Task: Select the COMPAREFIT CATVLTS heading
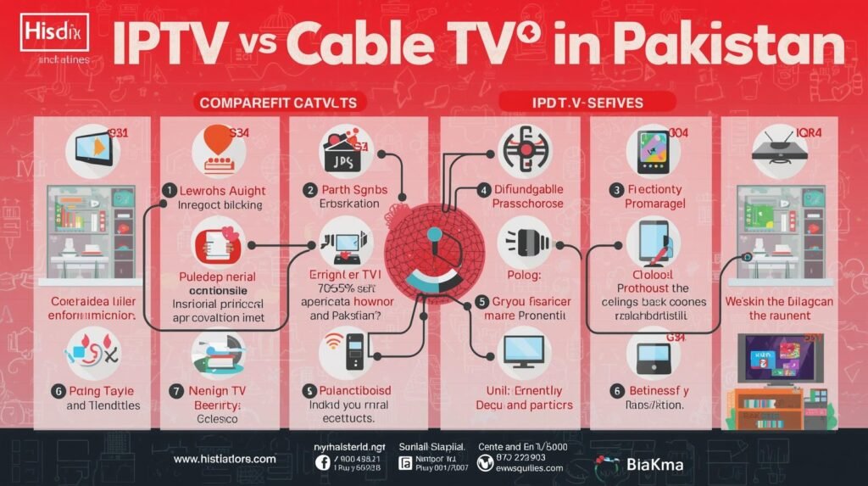pyautogui.click(x=282, y=103)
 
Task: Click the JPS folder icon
pyautogui.click(x=342, y=153)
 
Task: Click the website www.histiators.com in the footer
pyautogui.click(x=225, y=458)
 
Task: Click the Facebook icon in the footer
pyautogui.click(x=322, y=461)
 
